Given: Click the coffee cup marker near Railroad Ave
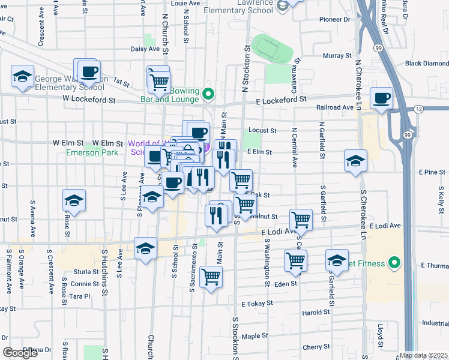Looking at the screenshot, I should [381, 98].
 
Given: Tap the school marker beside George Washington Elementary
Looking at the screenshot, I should [22, 77].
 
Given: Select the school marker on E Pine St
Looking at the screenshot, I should [355, 161].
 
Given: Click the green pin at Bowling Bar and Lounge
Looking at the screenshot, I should [208, 94].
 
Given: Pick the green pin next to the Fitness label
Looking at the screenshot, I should [394, 262].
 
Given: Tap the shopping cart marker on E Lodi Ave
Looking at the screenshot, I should [301, 220].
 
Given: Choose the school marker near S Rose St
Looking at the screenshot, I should [74, 200].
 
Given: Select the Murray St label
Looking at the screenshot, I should [332, 55].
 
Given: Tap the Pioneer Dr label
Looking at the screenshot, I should [334, 19].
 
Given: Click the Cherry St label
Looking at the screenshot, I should [313, 347].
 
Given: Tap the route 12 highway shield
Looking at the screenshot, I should [419, 108].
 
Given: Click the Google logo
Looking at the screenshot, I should [20, 353].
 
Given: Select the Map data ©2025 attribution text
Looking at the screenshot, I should [423, 355].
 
